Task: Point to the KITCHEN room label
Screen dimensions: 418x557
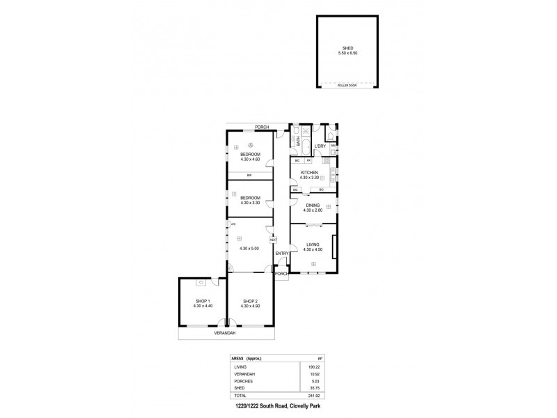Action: pos(309,172)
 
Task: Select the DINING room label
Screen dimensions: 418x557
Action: pos(312,205)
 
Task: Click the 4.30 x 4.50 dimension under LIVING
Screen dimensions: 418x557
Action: pos(312,249)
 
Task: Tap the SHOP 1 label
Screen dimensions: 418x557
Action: pos(203,301)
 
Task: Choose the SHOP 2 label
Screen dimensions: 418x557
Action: pos(250,301)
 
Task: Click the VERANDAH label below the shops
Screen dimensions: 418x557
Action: pos(226,333)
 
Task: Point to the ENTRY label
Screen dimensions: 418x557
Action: pos(282,253)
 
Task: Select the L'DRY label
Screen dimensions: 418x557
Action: pos(320,146)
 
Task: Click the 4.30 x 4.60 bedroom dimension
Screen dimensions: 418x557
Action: pos(250,160)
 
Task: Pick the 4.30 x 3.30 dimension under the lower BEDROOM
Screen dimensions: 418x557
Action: pos(250,203)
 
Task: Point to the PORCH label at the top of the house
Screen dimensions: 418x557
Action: pos(262,127)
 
